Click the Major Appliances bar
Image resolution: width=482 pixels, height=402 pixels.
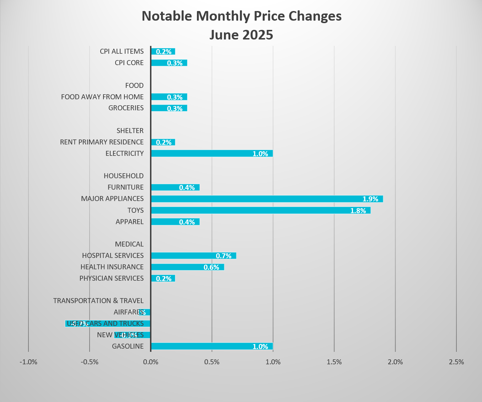[x=267, y=199]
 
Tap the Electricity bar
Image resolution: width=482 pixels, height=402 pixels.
[x=212, y=153]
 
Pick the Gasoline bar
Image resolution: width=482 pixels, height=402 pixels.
[x=212, y=346]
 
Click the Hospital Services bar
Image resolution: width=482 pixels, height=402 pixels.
[x=193, y=255]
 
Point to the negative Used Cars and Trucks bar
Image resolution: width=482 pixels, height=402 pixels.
[x=108, y=323]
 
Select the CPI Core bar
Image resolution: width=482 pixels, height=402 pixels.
[x=169, y=63]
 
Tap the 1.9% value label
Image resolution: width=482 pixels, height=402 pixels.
[x=370, y=199]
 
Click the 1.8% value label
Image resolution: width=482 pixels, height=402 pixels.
[x=358, y=211]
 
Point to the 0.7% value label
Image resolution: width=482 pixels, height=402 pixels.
[x=224, y=256]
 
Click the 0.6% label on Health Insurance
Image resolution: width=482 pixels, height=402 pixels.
[x=211, y=267]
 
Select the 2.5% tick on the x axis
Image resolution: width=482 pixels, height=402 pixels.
[x=456, y=362]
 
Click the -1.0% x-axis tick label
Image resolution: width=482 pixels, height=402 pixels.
[x=28, y=362]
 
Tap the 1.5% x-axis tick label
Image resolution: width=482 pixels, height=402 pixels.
[x=334, y=362]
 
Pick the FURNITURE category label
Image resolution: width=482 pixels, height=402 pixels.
[x=125, y=187]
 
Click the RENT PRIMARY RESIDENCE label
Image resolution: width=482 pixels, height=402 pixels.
[x=102, y=142]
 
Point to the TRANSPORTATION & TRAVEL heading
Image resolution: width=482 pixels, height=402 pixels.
[x=98, y=301]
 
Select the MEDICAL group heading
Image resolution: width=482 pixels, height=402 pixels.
[x=129, y=244]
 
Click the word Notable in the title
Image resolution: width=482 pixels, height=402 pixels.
[x=167, y=16]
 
